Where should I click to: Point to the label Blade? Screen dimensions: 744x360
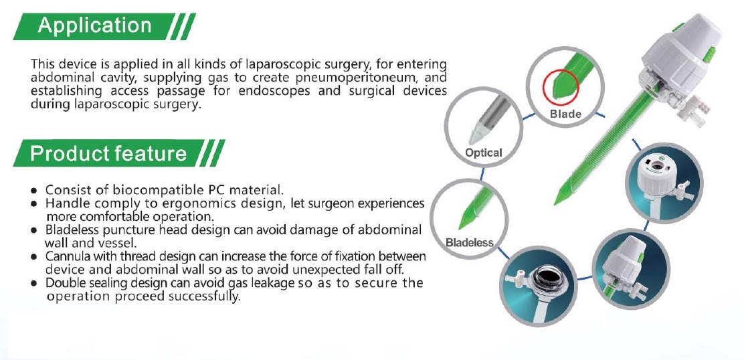565,114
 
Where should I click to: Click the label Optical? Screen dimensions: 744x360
483,153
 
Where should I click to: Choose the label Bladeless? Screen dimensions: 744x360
469,243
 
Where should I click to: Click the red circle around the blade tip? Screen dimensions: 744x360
561,84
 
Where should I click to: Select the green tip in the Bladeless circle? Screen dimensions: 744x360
466,221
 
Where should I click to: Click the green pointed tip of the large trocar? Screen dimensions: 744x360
561,195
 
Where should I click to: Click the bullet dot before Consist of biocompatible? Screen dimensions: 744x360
34,191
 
